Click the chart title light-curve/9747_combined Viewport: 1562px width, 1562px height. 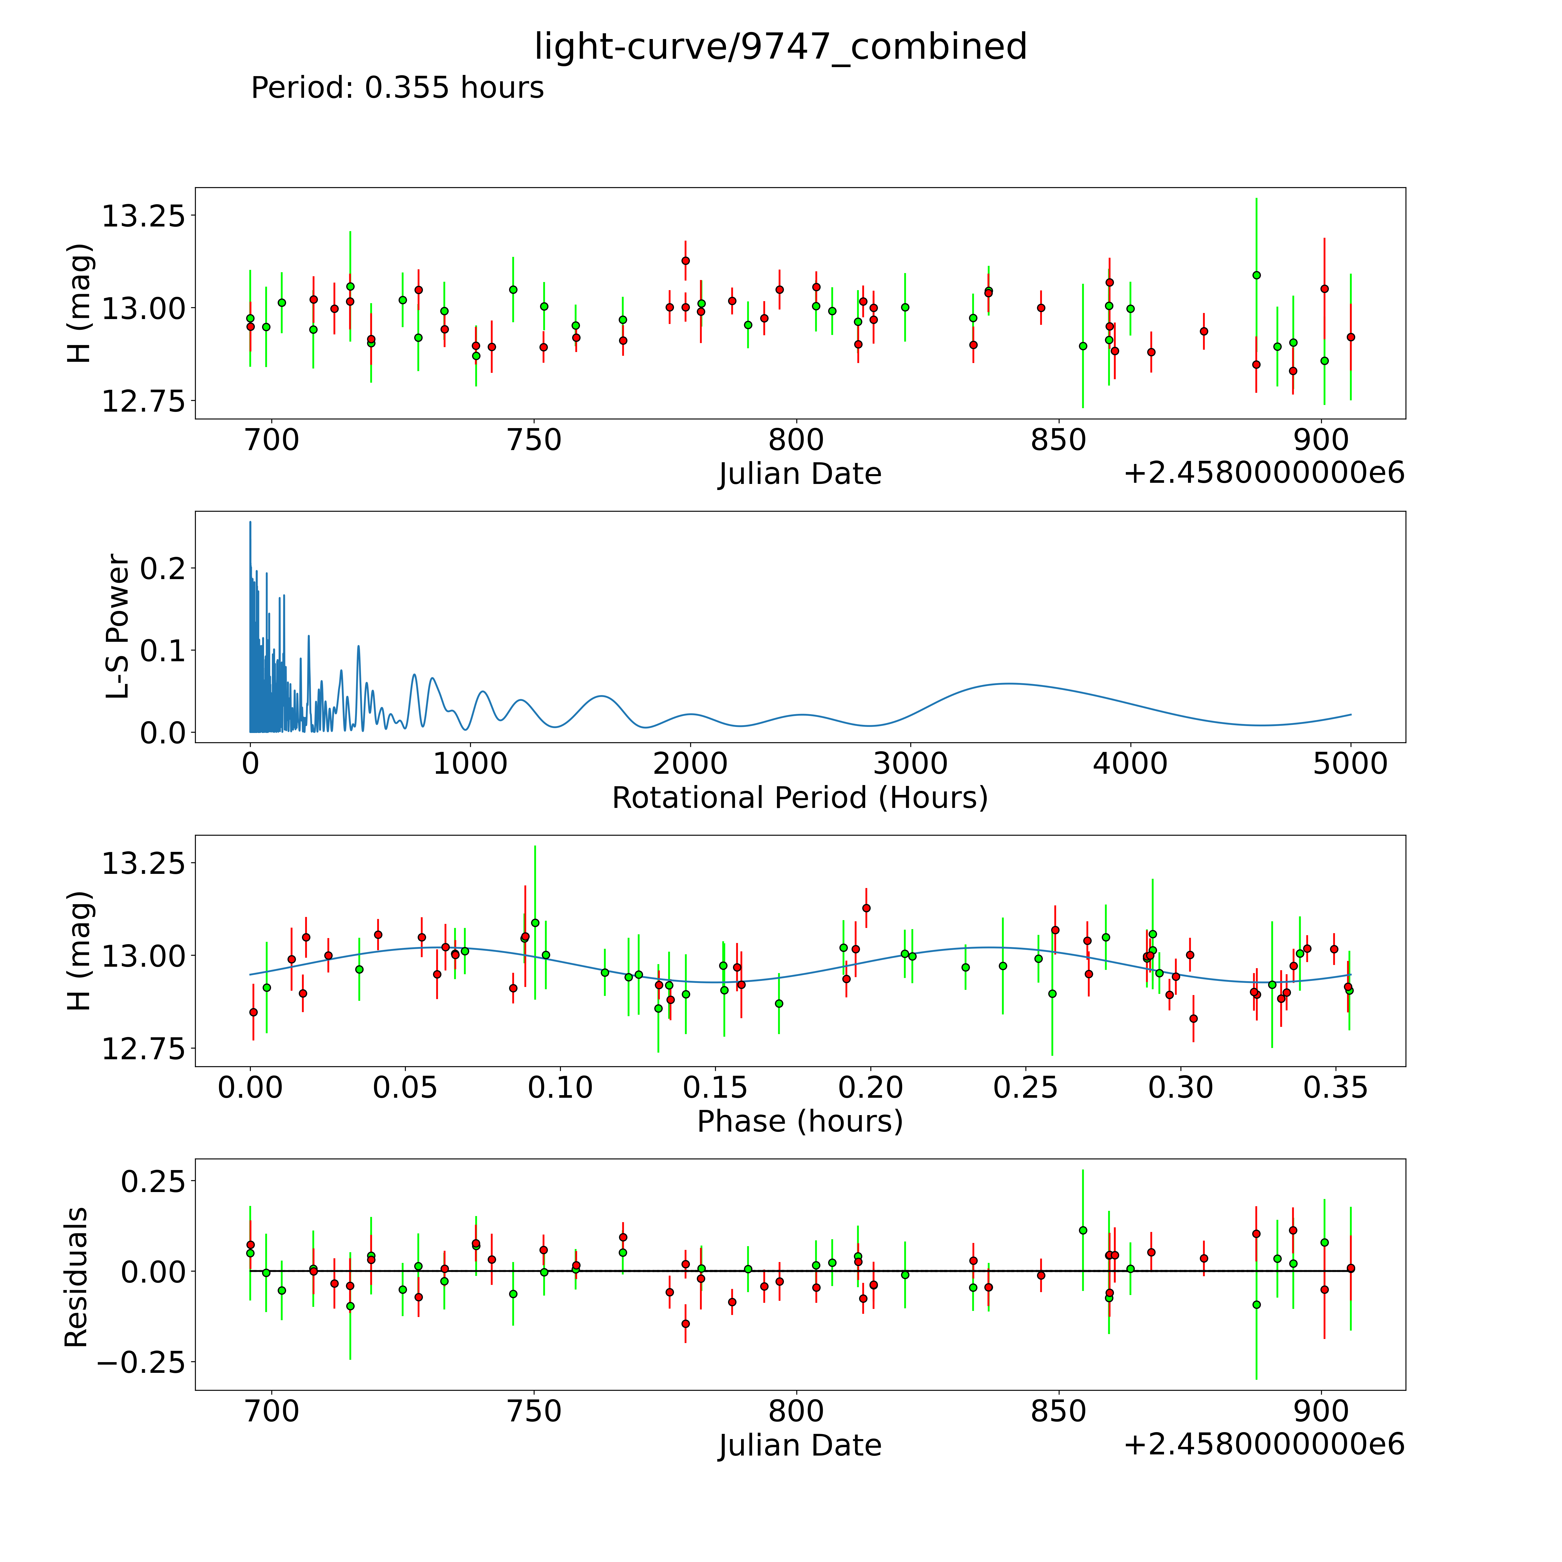pos(780,47)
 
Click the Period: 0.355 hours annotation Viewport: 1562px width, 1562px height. pos(397,87)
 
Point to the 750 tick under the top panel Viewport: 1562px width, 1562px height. pos(535,441)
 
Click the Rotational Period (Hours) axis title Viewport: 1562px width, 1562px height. pos(800,798)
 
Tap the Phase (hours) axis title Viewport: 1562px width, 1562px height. pos(800,1121)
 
